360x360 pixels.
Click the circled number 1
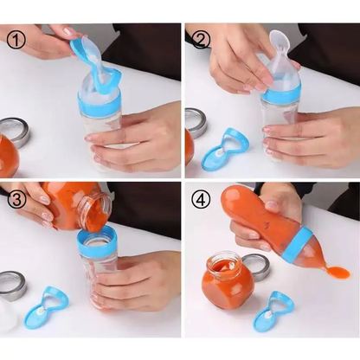(x=15, y=39)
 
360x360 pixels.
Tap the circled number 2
(x=201, y=40)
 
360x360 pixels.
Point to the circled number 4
(x=201, y=198)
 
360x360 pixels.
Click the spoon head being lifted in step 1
(x=89, y=53)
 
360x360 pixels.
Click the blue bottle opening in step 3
(x=98, y=235)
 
